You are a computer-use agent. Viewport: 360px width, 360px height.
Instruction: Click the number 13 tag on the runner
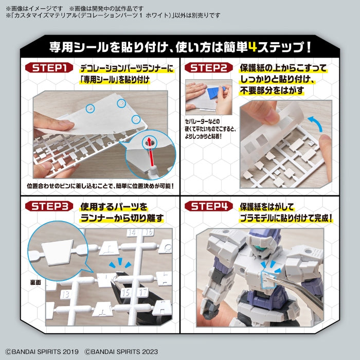point(65,294)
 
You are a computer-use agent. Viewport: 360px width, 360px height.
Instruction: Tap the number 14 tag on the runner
point(133,233)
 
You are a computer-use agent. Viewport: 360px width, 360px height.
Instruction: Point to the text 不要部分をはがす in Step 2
point(272,91)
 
